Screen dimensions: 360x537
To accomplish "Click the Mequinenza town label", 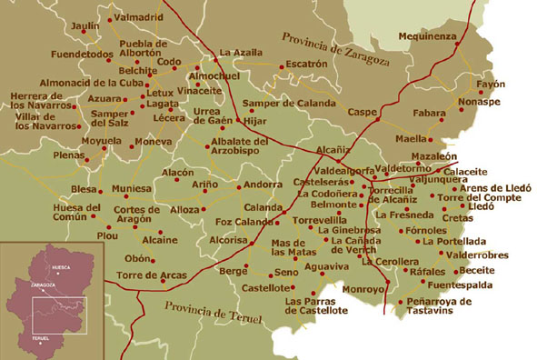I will click(x=429, y=36).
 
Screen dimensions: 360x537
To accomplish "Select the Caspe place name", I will click(x=362, y=112).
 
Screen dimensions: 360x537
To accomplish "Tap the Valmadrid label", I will click(x=138, y=16).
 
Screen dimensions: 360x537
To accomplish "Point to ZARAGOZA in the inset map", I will click(x=42, y=285).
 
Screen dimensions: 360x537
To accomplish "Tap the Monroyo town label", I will click(x=363, y=289).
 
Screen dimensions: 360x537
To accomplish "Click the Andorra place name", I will click(x=264, y=185).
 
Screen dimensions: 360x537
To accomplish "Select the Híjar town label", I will click(x=258, y=119).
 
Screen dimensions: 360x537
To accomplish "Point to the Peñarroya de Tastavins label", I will click(x=440, y=305).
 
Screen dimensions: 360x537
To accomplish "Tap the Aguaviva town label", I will click(x=326, y=266).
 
